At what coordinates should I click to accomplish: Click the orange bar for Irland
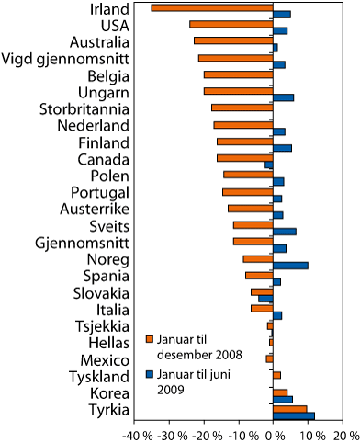click(212, 8)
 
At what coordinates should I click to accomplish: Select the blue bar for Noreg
click(290, 265)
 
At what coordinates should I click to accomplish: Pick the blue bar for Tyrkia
click(294, 415)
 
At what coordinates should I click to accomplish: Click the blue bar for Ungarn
click(284, 97)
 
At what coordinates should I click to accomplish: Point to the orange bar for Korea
click(280, 392)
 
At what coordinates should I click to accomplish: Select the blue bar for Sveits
click(285, 232)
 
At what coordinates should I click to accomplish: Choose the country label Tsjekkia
click(103, 325)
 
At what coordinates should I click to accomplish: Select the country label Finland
click(103, 142)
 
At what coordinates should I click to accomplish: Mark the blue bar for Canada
click(269, 165)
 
